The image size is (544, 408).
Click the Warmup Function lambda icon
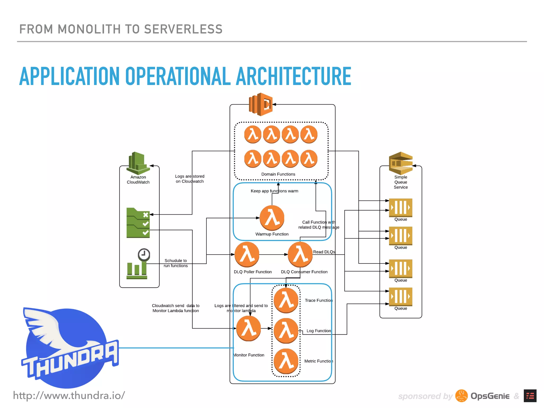pos(272,218)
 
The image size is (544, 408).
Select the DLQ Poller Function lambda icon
pos(247,254)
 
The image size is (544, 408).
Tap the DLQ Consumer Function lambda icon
pos(300,254)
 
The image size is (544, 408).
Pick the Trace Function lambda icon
pos(286,300)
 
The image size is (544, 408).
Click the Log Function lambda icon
pos(286,331)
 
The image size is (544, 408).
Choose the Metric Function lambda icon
pos(286,361)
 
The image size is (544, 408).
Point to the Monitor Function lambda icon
pos(249,328)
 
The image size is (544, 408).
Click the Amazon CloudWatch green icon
pos(138,163)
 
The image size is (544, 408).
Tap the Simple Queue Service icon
pos(401,163)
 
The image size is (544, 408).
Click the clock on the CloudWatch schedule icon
pos(144,254)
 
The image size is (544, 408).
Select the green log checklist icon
pos(138,223)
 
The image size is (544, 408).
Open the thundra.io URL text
pos(69,396)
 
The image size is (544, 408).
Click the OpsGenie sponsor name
pos(490,396)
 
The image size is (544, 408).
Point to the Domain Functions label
pos(278,174)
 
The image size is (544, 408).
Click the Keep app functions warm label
pos(274,191)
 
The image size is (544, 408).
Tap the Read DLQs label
pos(324,252)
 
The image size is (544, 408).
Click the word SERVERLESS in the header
pos(183,29)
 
